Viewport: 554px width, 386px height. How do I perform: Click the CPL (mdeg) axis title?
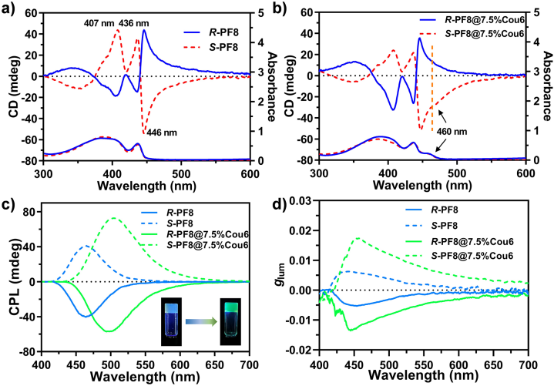pos(9,281)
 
